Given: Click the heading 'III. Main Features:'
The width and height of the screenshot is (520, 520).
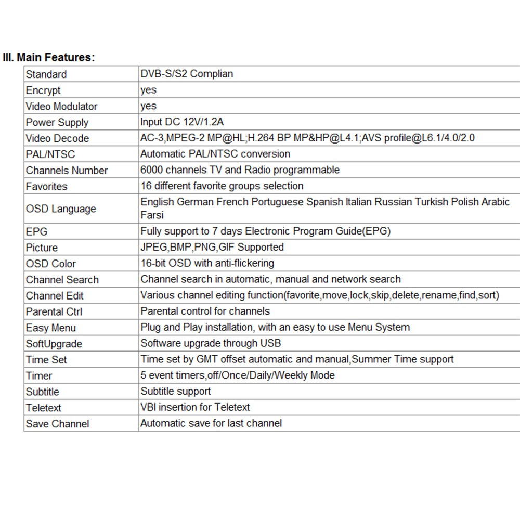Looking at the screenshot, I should coord(49,57).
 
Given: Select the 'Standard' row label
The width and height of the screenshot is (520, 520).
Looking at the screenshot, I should coord(46,74).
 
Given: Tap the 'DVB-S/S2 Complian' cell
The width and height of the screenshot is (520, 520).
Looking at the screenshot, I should coord(187,74).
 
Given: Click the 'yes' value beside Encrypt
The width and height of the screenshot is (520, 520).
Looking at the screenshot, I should coord(148,90).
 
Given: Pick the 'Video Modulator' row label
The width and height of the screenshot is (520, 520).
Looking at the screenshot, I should coord(61,107).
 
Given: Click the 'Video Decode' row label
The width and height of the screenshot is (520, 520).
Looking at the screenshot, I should coord(57,139).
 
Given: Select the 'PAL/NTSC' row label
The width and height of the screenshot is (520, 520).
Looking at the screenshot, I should coord(50,154).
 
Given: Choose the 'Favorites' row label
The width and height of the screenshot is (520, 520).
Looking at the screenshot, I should coord(47,186).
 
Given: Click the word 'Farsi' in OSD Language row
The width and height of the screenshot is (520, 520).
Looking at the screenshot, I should coord(152,215).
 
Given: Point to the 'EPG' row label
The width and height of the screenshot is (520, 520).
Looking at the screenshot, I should coord(36,231).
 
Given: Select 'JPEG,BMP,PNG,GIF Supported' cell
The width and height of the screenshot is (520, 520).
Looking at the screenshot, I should coord(212,247).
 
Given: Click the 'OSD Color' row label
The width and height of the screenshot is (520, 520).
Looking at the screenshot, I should coord(51,264).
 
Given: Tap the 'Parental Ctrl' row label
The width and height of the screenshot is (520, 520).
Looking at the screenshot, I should coord(54,311).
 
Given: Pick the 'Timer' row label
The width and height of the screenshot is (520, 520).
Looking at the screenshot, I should coord(39,375).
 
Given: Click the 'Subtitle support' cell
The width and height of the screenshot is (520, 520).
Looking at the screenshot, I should coord(176,391).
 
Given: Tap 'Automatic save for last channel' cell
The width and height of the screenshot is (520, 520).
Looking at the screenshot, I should coord(211,423).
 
